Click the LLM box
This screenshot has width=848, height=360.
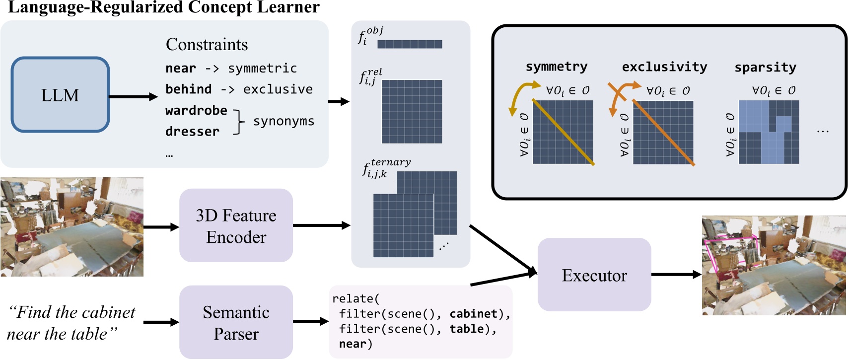pos(60,95)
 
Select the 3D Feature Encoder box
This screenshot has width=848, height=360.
pos(236,225)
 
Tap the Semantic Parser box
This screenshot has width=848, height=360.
pos(236,322)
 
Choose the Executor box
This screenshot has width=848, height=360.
pos(594,275)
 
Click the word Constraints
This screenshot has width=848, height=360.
pos(207,45)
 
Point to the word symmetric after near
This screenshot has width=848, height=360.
pos(262,68)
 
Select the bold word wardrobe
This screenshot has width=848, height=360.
pos(196,110)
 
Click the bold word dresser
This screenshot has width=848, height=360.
pos(192,132)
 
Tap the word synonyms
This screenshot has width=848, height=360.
pos(283,121)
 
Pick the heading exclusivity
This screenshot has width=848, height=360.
pos(664,67)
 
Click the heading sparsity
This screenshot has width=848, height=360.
pos(765,67)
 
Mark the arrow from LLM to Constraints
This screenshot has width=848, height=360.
pos(133,97)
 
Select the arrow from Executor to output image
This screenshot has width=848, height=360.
pos(676,275)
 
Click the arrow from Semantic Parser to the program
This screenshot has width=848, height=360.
pos(311,322)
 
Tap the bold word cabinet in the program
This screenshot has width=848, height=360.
pos(473,314)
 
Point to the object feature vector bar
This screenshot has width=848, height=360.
pos(410,44)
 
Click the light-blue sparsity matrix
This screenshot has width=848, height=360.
pos(769,132)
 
